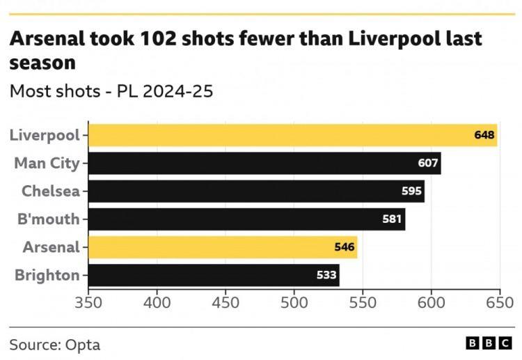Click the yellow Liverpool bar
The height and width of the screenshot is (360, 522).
click(x=292, y=135)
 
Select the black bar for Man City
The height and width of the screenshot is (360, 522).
click(x=264, y=164)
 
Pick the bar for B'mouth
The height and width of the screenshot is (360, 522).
click(x=246, y=219)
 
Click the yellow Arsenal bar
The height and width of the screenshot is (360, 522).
click(x=223, y=247)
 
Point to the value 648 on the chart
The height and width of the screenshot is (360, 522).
click(x=484, y=135)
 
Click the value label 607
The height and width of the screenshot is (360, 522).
click(x=428, y=164)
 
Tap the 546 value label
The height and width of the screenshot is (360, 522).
click(x=345, y=247)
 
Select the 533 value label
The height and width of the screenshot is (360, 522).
click(x=326, y=275)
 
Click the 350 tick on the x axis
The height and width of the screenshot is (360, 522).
click(x=88, y=303)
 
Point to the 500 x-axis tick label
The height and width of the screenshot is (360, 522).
click(x=294, y=303)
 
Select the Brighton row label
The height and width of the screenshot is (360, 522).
click(x=47, y=275)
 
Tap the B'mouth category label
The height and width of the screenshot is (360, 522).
click(x=49, y=219)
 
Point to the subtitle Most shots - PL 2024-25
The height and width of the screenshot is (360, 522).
click(x=111, y=91)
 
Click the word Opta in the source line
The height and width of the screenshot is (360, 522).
click(x=83, y=344)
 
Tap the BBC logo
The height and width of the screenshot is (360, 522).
click(x=489, y=344)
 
